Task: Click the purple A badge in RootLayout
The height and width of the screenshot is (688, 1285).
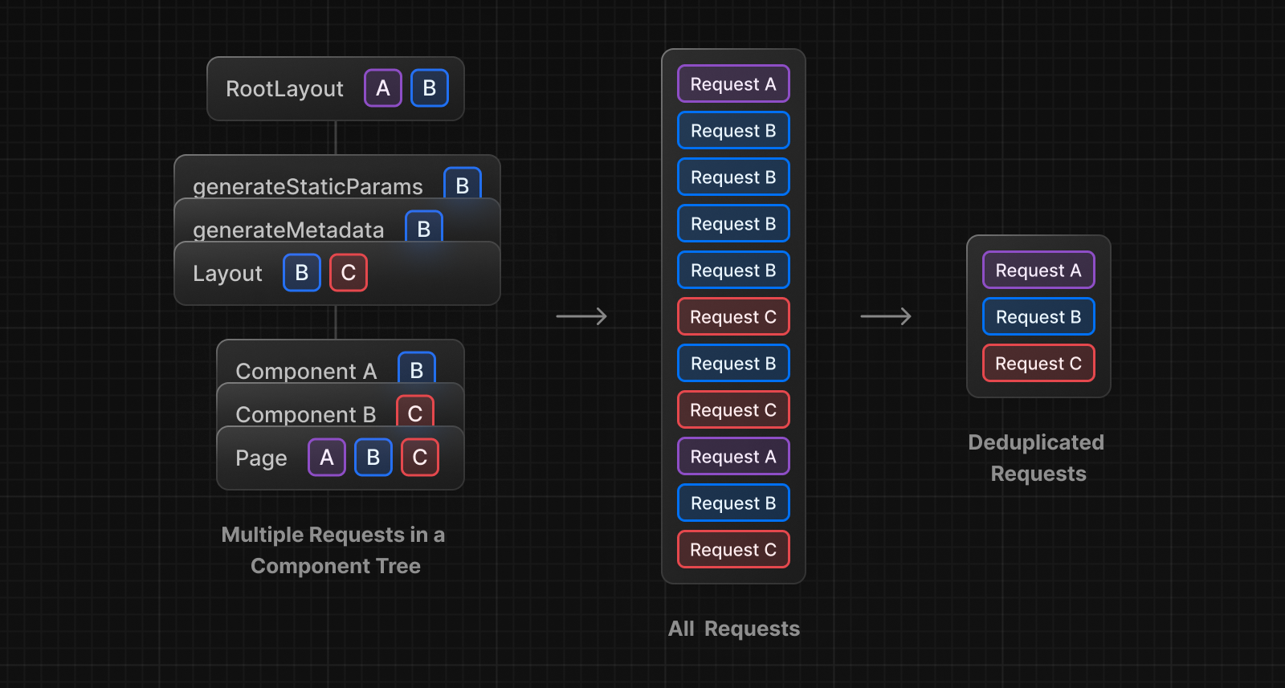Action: pos(383,88)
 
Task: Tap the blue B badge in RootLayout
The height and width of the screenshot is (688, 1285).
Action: pos(430,88)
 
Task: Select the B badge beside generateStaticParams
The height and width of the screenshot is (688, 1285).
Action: pos(463,185)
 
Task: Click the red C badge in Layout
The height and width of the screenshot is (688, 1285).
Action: pos(349,273)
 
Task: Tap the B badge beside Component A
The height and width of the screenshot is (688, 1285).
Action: pos(417,368)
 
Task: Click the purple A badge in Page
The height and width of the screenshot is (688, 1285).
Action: pos(327,458)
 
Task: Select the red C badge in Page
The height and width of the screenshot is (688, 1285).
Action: pos(420,458)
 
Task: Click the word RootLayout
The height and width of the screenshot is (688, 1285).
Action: pos(284,89)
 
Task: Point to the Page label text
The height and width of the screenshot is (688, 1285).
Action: pos(261,458)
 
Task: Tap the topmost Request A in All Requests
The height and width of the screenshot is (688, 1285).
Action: pos(733,84)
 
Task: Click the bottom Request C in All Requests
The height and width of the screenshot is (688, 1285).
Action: pos(733,550)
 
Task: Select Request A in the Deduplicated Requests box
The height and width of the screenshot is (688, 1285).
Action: pos(1038,271)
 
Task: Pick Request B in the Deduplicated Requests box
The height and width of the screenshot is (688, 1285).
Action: pos(1038,317)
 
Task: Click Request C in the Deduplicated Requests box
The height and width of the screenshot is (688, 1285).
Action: pos(1038,364)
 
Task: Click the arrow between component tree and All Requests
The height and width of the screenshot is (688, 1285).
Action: pos(581,316)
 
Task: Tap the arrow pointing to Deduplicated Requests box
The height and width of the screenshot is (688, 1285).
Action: pos(886,316)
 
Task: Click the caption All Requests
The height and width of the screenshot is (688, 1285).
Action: pos(734,629)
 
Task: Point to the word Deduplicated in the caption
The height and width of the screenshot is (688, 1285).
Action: pos(1036,442)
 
